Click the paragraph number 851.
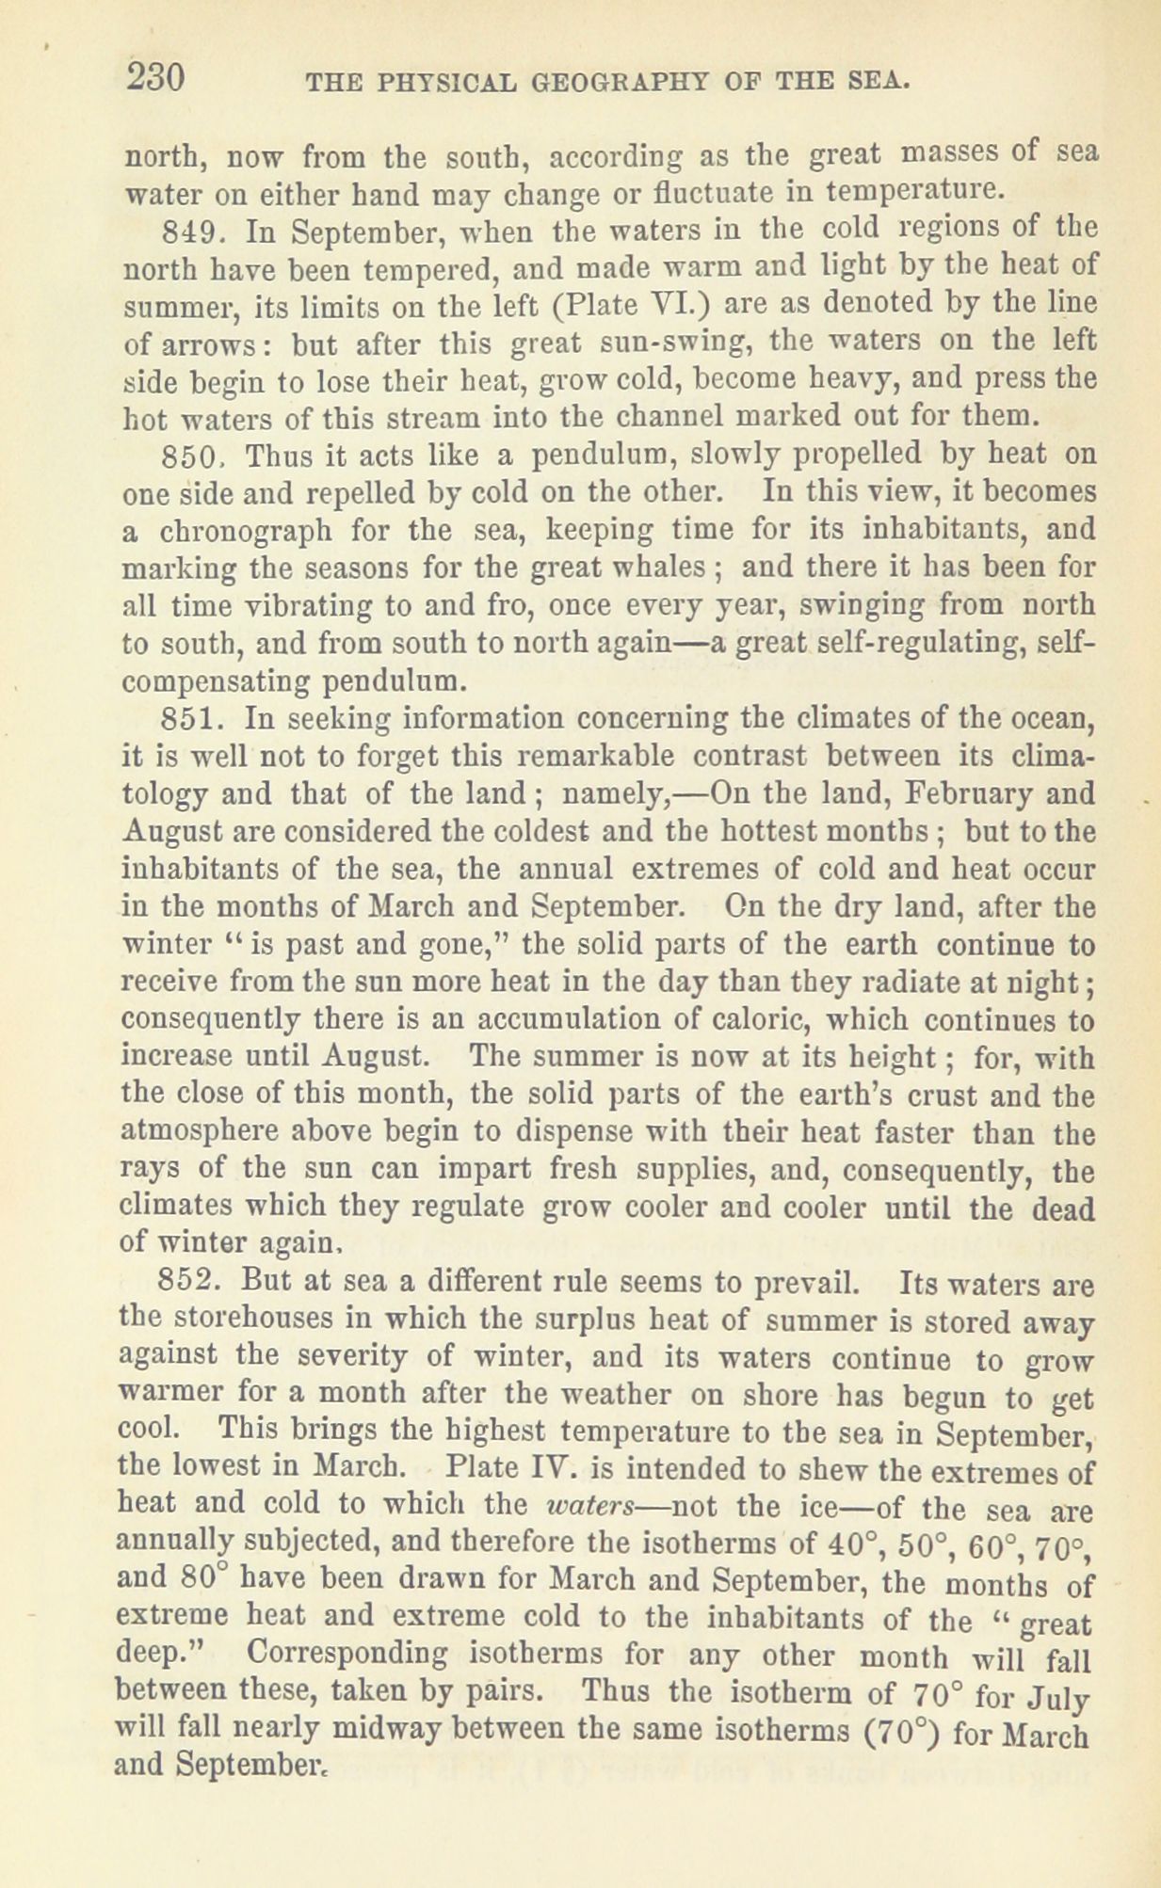click(191, 720)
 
